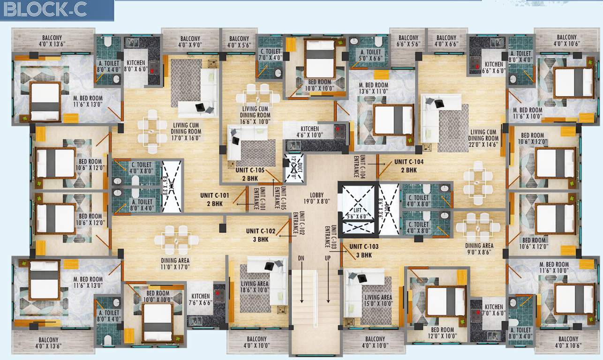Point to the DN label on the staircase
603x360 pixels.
(x=301, y=258)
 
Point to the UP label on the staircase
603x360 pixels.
(x=328, y=258)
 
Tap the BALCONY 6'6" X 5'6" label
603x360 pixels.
(x=408, y=41)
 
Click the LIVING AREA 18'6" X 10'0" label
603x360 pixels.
(x=255, y=287)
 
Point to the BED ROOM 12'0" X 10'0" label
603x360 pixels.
(x=441, y=333)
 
